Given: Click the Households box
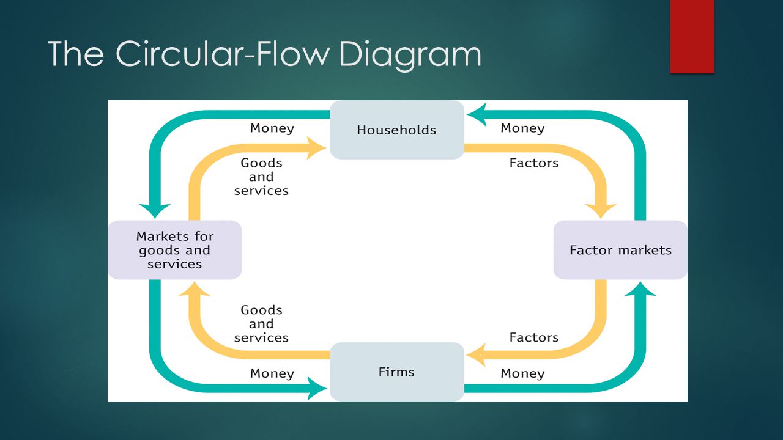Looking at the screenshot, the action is [397, 130].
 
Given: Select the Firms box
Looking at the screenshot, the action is [397, 372].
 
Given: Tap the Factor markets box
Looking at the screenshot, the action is [620, 250].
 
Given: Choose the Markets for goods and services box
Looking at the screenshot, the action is [174, 250].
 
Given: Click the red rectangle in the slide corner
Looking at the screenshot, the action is [692, 37].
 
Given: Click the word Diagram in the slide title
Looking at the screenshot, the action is [410, 54].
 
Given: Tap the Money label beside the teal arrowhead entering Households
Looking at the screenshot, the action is [522, 128].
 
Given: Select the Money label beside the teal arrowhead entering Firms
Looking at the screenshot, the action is [272, 373].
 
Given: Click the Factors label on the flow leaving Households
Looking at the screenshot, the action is [534, 163].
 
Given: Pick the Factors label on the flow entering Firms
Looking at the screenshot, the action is [534, 337].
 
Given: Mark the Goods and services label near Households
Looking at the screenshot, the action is [261, 177].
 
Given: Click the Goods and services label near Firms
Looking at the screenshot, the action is [261, 324].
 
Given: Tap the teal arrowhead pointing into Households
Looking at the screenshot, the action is [477, 114].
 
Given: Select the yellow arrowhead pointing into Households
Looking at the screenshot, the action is [316, 148].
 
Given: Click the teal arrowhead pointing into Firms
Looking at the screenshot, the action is [317, 388].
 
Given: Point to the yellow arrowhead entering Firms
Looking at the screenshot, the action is [476, 355].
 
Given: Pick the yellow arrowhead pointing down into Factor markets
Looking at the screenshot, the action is [601, 211].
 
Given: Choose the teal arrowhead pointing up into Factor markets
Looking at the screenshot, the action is [640, 289].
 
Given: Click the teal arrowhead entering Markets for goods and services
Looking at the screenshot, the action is [155, 211].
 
